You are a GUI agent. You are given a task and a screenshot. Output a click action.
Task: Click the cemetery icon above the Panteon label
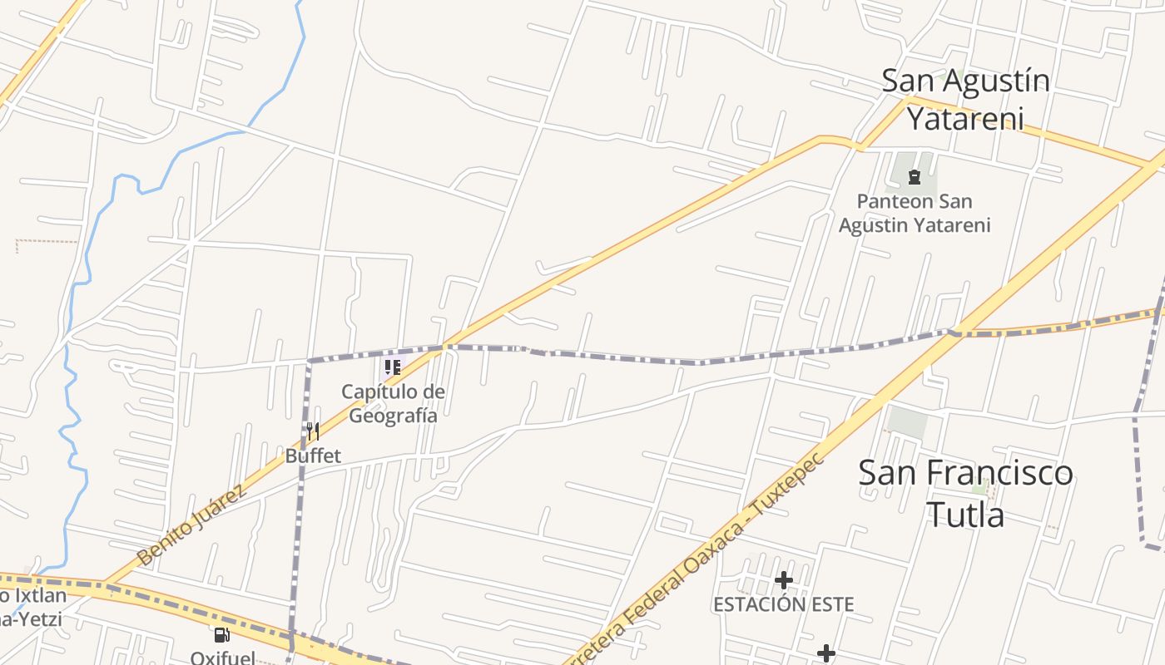click(915, 176)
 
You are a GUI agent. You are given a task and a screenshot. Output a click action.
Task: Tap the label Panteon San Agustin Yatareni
click(915, 213)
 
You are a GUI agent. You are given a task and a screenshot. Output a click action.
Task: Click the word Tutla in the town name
click(965, 515)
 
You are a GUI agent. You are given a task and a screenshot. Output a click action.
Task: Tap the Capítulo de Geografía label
click(393, 403)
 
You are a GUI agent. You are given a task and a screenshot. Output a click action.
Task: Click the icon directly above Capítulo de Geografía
click(393, 367)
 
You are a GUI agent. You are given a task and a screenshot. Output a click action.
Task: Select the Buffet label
click(313, 456)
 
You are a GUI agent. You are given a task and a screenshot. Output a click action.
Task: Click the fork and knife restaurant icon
click(313, 431)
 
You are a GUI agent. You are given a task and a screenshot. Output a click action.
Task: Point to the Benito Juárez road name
click(191, 526)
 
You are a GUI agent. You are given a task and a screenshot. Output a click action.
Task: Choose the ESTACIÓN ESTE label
click(783, 604)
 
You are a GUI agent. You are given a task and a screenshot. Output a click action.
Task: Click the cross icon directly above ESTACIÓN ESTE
click(783, 579)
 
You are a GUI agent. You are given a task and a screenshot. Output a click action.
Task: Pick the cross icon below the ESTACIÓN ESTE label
click(825, 653)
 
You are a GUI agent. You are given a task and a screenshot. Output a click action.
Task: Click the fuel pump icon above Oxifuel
click(222, 636)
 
